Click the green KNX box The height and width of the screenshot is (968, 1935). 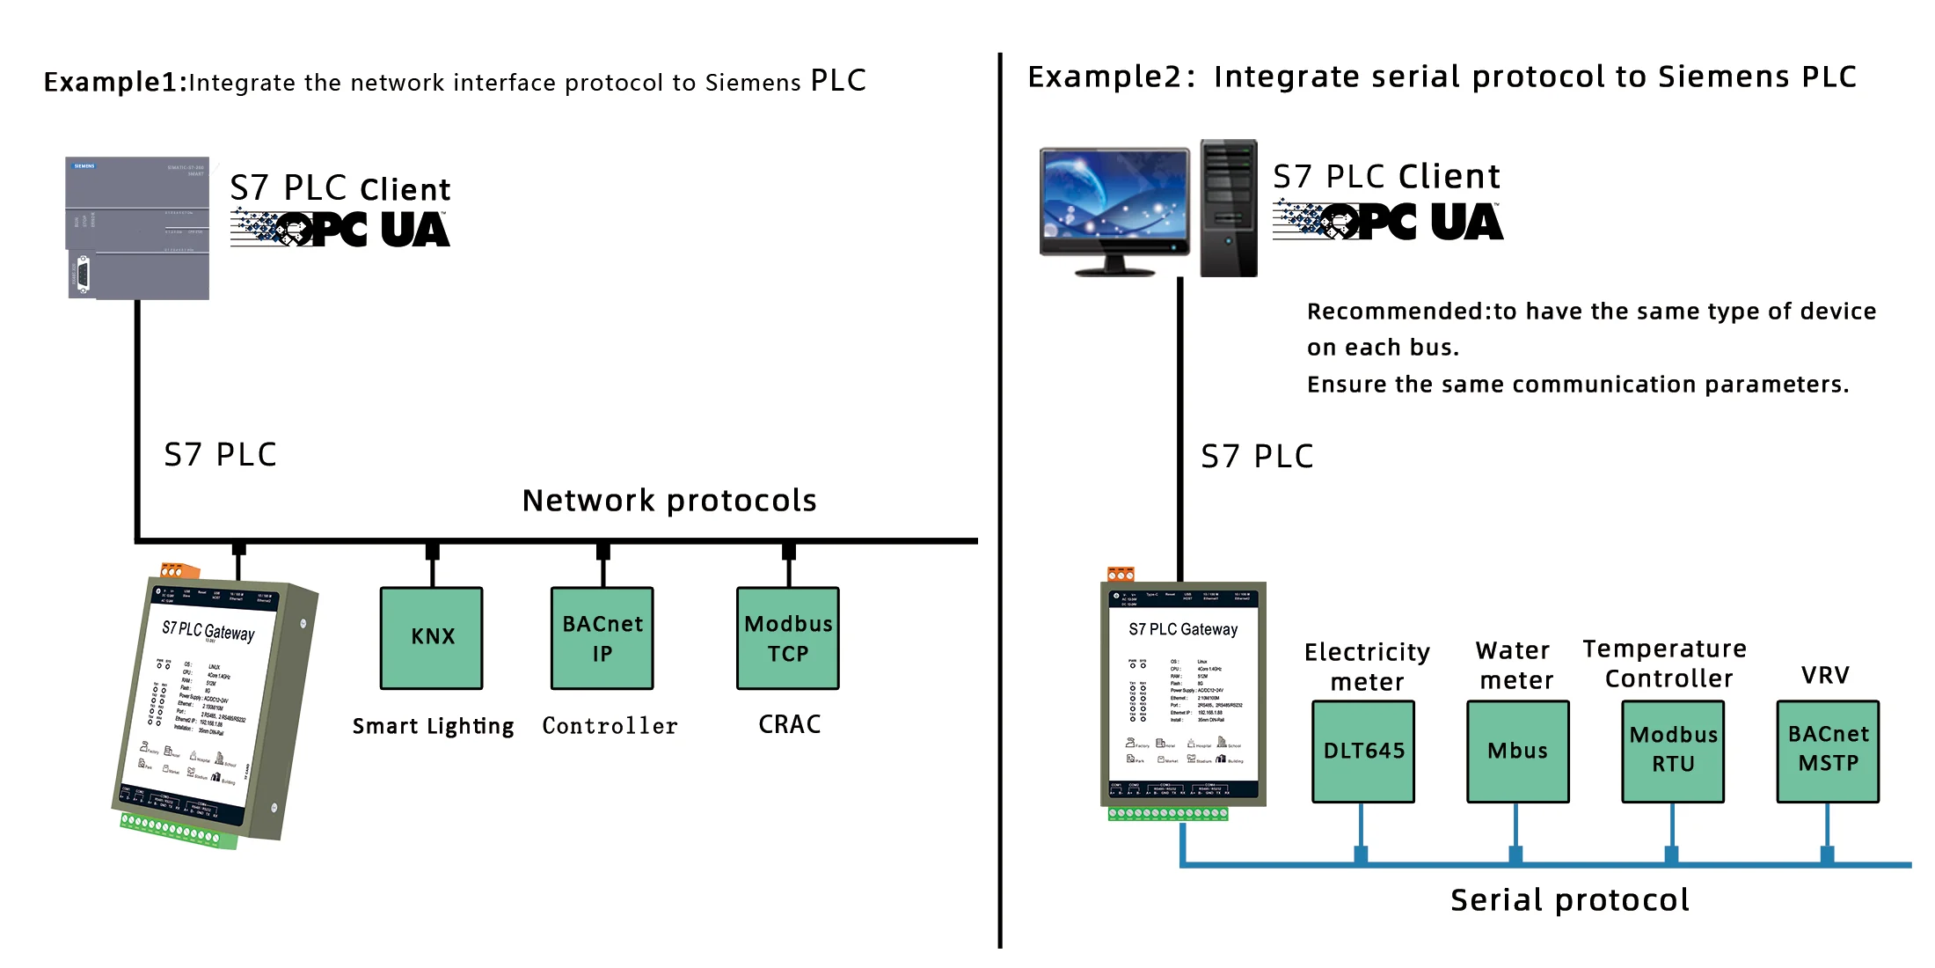[431, 638]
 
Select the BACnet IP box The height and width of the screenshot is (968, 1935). [602, 638]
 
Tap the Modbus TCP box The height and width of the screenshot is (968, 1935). [788, 638]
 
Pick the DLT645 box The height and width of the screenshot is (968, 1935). [1363, 751]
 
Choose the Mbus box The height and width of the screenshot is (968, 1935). [1517, 751]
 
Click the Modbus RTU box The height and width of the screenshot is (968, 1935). [1673, 751]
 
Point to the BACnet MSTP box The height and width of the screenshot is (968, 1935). [1828, 751]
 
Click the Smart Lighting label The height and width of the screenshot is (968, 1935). [433, 726]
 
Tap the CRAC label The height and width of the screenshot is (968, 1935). [790, 724]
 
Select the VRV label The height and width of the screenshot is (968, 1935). [1825, 675]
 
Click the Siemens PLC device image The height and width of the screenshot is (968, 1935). [138, 229]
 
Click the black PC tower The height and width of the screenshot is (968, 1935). [1229, 209]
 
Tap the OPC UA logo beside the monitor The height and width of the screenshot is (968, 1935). [1388, 221]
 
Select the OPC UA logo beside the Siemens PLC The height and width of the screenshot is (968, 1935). [340, 229]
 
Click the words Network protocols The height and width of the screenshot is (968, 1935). [669, 500]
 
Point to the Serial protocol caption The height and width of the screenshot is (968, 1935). [1570, 899]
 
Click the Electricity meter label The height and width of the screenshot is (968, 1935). [1367, 666]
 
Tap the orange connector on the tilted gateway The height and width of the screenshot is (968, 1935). [179, 570]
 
